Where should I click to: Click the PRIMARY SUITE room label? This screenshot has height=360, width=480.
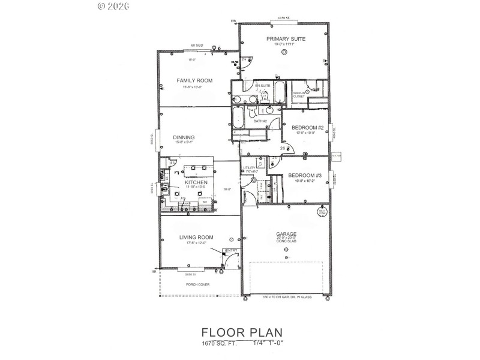tap(286, 38)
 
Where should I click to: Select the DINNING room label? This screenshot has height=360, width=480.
tap(184, 137)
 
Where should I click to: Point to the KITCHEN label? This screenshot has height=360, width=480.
tap(196, 182)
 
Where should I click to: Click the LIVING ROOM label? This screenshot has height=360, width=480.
tap(197, 237)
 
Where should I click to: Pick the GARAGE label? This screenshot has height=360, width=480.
tap(286, 233)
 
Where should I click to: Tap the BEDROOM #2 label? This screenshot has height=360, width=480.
tap(307, 128)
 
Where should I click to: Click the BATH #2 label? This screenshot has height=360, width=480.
tap(260, 121)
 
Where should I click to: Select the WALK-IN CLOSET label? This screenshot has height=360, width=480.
tap(299, 95)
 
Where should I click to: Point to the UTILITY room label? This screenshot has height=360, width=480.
tap(249, 168)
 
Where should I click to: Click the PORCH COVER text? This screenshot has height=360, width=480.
tap(197, 284)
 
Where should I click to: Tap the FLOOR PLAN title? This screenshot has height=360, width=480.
tap(242, 332)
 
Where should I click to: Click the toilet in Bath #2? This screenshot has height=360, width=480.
tap(253, 112)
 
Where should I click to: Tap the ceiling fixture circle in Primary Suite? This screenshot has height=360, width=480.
tap(284, 52)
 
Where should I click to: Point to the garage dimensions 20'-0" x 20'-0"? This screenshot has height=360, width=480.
tap(286, 238)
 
